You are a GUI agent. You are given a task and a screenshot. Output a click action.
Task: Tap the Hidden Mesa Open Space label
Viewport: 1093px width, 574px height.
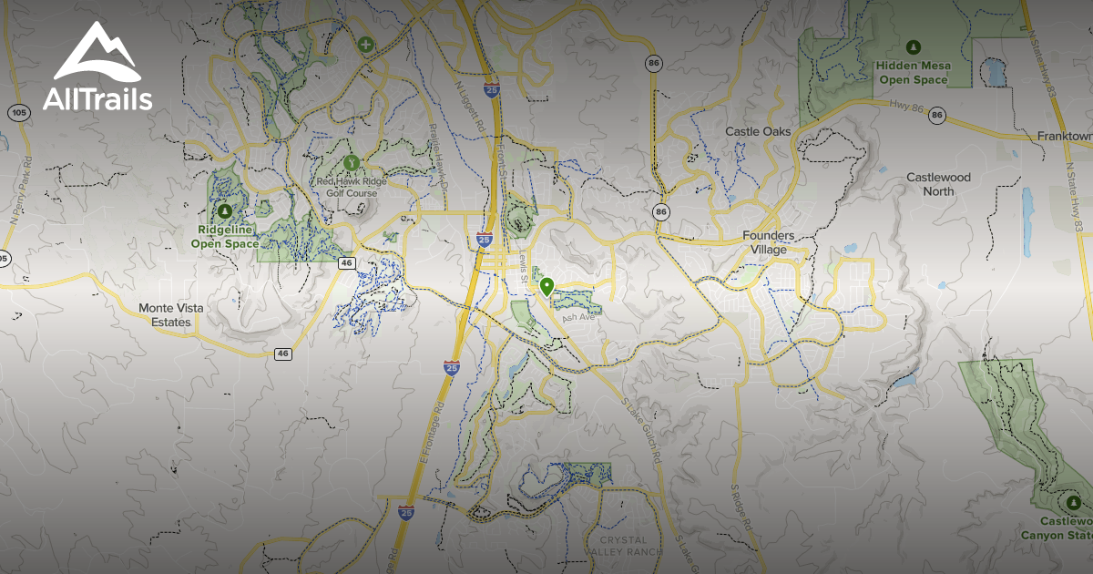coord(913,73)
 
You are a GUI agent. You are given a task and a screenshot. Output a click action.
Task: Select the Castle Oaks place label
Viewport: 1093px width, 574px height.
coord(758,132)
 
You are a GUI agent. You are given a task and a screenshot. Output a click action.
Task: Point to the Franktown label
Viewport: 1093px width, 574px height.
coord(1064,136)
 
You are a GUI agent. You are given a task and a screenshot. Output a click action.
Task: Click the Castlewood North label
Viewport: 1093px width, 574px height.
coord(938,184)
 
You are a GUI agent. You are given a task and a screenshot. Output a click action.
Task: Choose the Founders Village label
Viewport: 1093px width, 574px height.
coord(768,242)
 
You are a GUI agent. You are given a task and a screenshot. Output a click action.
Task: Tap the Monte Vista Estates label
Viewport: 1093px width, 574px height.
coord(171,315)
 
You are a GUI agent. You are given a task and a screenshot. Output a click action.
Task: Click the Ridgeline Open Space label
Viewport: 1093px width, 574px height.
coord(225,237)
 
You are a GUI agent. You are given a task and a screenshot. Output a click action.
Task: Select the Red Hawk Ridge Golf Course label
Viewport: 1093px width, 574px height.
coord(352,186)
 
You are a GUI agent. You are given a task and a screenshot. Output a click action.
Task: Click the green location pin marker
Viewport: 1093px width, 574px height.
coord(546,287)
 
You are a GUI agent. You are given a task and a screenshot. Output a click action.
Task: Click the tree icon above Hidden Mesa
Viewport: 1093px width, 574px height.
coord(914,46)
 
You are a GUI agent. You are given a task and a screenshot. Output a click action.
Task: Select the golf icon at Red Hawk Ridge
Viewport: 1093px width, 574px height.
coord(352,162)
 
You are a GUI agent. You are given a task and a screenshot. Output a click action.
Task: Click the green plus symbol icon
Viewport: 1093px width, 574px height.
coord(366,44)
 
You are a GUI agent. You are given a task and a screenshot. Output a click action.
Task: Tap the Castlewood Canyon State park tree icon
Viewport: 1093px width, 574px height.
coord(1073,502)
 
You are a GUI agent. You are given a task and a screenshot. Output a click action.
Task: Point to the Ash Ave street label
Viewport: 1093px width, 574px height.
coord(577,318)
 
